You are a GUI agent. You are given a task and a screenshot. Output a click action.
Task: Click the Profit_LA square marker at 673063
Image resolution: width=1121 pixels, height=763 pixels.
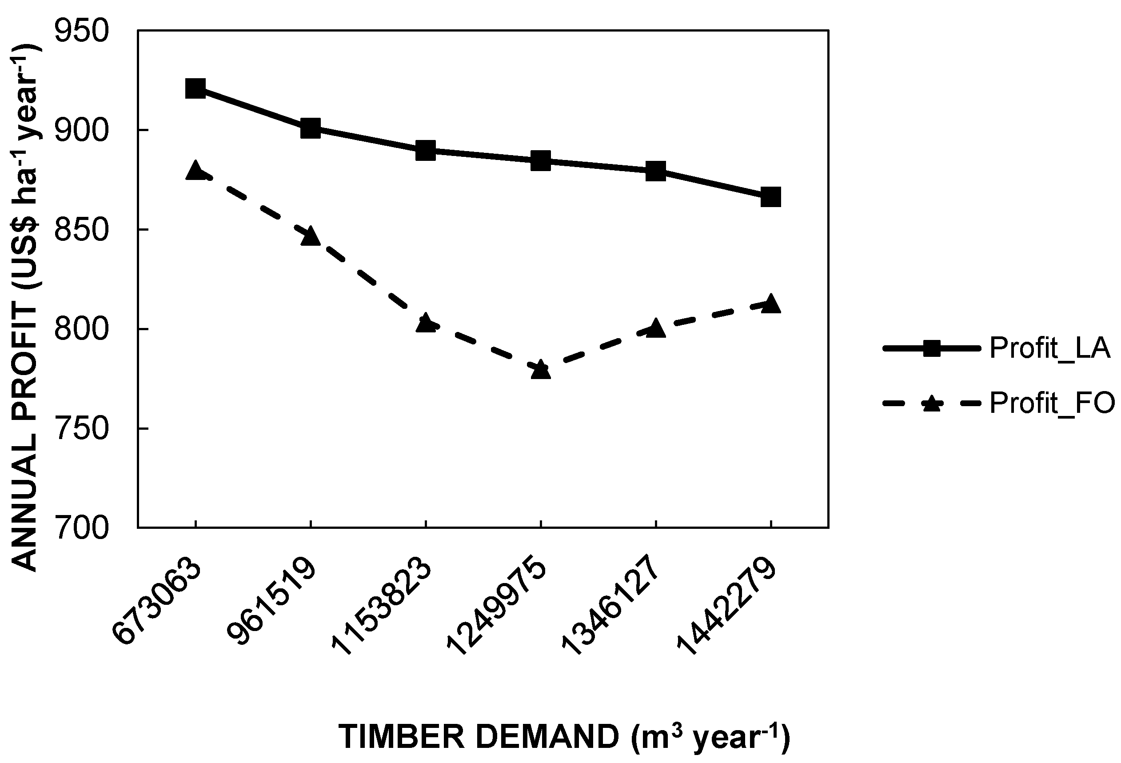tap(195, 88)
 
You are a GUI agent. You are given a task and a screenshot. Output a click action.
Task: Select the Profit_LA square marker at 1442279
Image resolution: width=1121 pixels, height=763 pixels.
tap(770, 197)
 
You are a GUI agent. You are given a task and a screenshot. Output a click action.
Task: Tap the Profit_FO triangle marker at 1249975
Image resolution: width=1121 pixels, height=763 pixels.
tap(540, 369)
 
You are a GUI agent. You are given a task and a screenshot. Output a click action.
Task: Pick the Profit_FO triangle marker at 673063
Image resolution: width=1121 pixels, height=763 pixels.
tap(195, 171)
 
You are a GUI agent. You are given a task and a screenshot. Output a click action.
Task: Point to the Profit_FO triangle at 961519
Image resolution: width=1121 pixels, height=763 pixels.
tap(310, 236)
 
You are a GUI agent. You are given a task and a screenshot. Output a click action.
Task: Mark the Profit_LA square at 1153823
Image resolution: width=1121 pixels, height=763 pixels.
tap(426, 151)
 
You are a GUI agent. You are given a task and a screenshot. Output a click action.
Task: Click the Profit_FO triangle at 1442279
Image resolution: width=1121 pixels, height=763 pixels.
tap(770, 304)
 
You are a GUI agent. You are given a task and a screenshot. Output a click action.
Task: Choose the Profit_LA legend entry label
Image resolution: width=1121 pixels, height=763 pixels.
tap(1049, 348)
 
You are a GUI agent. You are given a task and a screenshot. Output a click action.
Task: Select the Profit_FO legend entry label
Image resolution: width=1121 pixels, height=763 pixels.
tap(1052, 403)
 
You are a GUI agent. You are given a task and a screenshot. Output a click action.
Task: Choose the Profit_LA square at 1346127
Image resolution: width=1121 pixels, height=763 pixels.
tap(655, 171)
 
